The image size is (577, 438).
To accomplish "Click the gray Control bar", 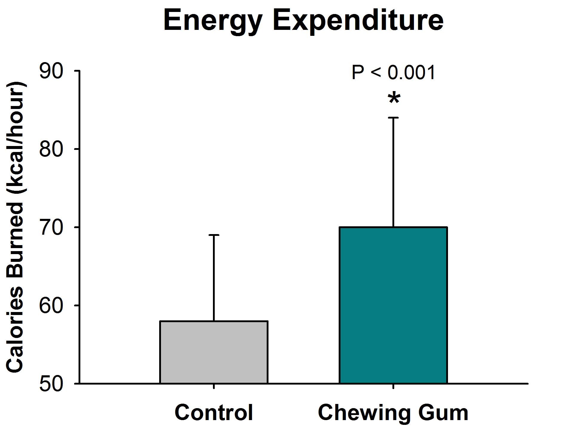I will tap(214, 352).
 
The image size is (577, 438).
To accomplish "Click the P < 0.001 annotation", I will tap(394, 73).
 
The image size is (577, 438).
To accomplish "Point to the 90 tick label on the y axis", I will tap(51, 71).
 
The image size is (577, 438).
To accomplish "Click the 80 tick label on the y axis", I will tap(51, 149).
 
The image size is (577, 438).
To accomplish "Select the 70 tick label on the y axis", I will tap(51, 228).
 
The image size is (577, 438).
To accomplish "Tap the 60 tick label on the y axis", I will tap(51, 305).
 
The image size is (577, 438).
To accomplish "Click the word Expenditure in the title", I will tap(358, 20).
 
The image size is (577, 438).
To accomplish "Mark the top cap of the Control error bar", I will tap(214, 235).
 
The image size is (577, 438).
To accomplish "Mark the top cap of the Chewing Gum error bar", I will tap(393, 118).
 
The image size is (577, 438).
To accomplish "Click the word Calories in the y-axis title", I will tap(15, 329).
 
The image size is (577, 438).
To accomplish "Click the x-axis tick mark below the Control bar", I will tap(214, 386).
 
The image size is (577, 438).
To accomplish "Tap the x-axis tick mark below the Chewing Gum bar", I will tap(393, 386).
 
